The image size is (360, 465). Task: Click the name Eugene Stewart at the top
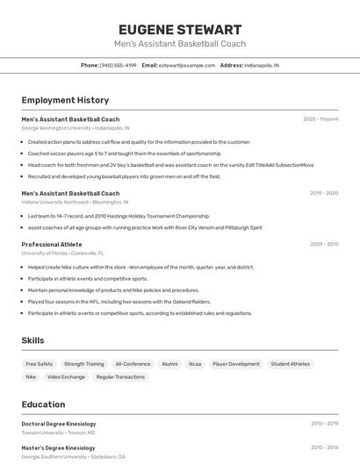179,29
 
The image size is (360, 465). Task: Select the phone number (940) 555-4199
118,65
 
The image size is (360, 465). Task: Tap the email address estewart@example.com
186,65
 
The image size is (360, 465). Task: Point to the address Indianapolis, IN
261,65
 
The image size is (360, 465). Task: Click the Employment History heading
65,100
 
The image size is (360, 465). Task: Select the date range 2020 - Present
320,119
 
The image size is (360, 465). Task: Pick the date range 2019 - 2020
324,193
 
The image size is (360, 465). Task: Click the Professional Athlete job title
52,245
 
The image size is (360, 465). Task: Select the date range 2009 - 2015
324,245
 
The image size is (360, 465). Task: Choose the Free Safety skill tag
40,364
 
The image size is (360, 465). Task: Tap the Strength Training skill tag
84,364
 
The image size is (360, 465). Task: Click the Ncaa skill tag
195,364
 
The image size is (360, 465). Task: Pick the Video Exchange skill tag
67,377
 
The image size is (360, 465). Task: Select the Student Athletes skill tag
291,364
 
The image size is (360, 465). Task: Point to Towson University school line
58,433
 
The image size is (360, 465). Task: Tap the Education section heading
44,404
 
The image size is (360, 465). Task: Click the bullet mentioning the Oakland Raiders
119,302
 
